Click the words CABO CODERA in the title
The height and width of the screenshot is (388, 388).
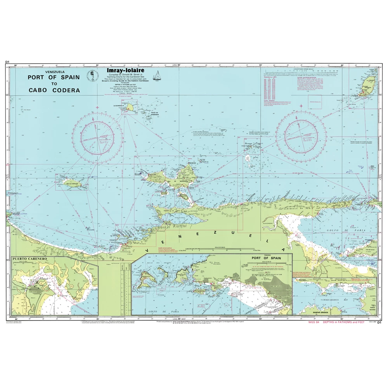[x=54, y=90]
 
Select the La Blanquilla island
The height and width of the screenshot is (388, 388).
[x=131, y=106]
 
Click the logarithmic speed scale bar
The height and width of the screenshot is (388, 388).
[x=301, y=71]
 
